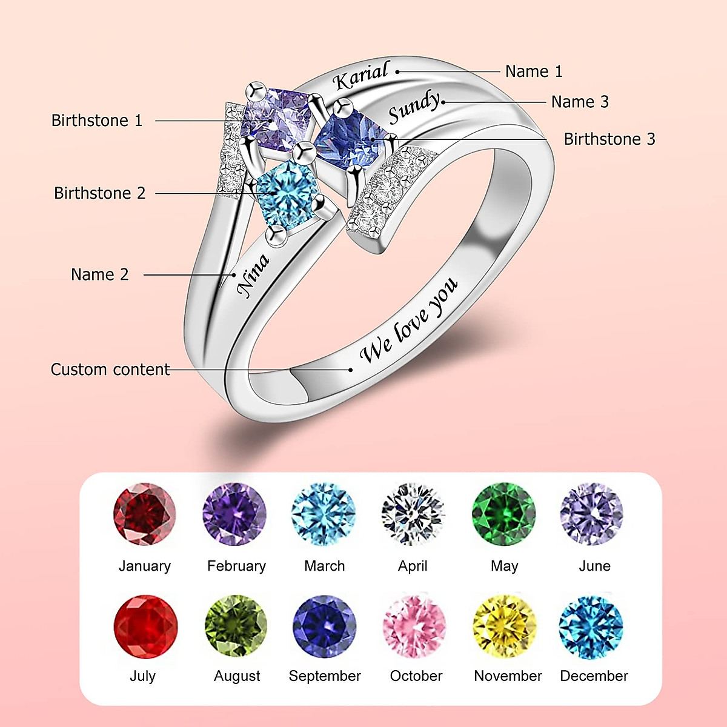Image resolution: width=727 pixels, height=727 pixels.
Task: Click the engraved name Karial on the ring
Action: pos(360,76)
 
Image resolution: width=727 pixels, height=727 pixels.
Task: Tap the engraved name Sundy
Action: pos(414,107)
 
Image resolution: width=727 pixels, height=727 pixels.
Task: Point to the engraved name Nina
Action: pos(253,276)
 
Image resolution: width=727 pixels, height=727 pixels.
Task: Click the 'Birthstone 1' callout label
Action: pos(97,121)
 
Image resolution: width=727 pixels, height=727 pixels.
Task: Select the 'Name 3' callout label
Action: pos(580,102)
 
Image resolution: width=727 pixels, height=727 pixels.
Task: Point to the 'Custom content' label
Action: pos(110,370)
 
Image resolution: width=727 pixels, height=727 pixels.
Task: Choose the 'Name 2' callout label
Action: pos(100,274)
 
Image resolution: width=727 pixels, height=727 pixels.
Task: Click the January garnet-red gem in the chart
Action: pos(144,514)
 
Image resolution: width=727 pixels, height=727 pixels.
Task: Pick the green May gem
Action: pos(503,514)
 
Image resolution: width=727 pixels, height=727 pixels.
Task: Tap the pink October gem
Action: pos(414,626)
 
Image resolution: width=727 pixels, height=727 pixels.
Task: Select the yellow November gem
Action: pos(504,626)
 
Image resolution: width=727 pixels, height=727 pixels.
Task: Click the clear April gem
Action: pos(413,514)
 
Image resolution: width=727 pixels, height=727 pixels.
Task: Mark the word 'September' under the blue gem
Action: pos(325,676)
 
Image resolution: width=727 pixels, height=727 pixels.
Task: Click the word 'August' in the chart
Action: pos(237,676)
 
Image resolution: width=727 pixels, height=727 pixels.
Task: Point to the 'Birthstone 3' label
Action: pos(609,139)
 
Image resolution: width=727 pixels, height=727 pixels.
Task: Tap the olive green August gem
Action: pos(236,626)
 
